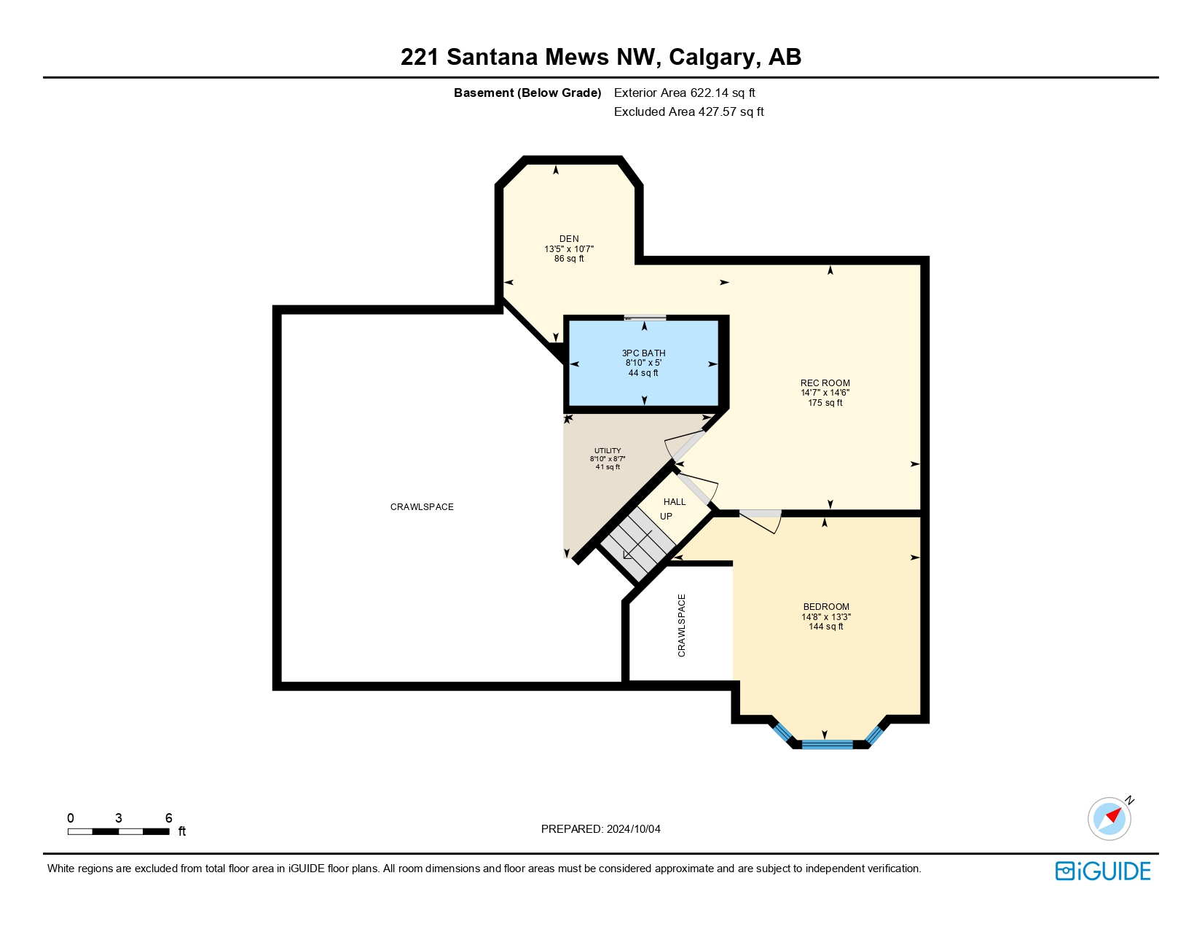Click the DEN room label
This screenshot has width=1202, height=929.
point(569,238)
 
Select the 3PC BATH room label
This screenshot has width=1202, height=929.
point(643,353)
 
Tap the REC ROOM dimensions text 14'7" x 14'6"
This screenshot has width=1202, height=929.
point(825,393)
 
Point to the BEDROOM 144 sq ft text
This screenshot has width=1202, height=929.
point(826,627)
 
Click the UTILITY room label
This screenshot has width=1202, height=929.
point(608,450)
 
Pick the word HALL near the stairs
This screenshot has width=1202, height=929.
point(675,501)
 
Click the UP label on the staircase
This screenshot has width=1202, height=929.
point(666,516)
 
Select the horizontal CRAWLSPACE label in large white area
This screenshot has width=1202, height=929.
point(422,506)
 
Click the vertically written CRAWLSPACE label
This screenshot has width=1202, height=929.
point(682,625)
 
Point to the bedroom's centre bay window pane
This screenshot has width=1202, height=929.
point(827,744)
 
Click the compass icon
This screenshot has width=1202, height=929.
point(1109,818)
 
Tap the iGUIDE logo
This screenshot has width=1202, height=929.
point(1103,871)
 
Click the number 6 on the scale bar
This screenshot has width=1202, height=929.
point(168,818)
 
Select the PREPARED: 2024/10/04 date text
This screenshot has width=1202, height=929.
point(600,828)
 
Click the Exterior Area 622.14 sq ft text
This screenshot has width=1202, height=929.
point(684,93)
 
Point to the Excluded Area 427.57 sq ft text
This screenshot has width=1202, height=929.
point(688,111)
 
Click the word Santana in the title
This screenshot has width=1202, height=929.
point(492,57)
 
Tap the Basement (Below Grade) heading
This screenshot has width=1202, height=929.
point(527,93)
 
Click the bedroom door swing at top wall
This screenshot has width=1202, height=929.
point(762,519)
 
